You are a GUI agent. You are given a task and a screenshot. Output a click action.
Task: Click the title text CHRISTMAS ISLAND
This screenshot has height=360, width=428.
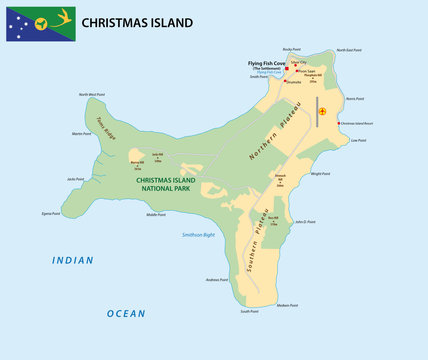(137, 22)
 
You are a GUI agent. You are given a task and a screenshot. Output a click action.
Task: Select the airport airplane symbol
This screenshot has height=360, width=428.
(322, 111)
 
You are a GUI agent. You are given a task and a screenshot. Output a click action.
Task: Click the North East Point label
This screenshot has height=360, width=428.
(346, 49)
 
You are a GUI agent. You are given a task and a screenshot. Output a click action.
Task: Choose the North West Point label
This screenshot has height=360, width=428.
(91, 95)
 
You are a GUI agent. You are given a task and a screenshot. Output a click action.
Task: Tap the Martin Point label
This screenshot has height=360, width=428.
(81, 133)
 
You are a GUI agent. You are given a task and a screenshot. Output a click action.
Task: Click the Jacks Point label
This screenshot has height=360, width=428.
(75, 178)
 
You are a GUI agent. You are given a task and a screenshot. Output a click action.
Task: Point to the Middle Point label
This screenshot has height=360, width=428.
(156, 214)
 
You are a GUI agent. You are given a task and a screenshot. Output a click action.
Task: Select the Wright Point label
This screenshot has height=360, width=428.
(321, 173)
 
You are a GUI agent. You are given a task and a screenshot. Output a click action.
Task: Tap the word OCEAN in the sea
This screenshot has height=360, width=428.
(127, 313)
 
